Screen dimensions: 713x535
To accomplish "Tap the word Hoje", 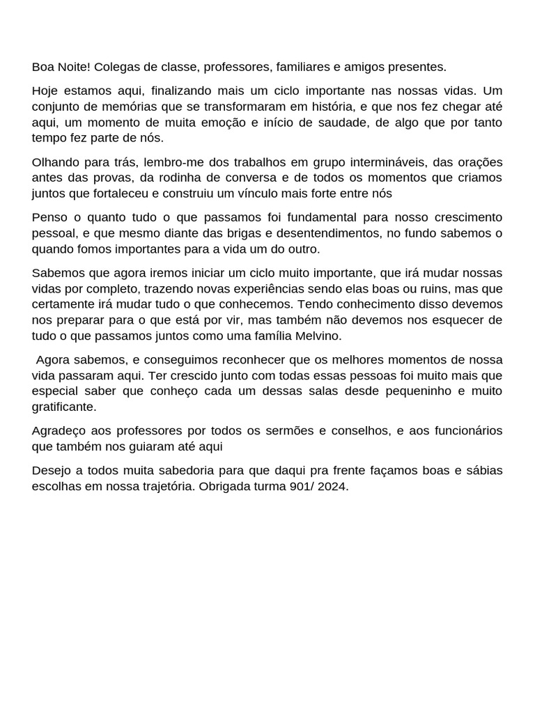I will (46, 91).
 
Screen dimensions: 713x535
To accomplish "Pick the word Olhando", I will (56, 162).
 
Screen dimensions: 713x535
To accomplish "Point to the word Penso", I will (49, 217).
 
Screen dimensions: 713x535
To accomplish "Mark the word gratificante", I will (64, 406).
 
